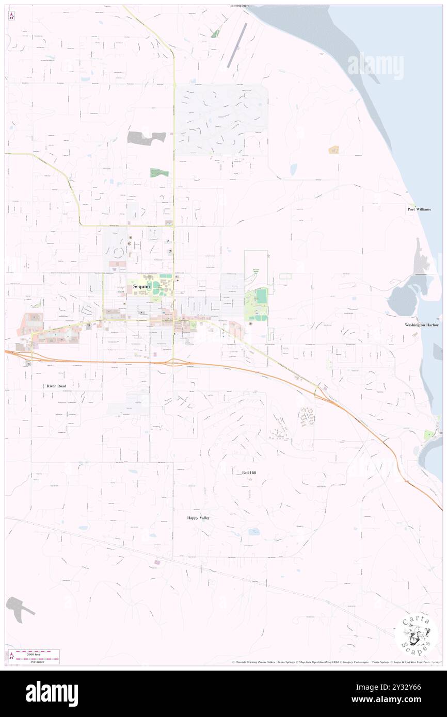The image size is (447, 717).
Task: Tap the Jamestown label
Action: (239, 6)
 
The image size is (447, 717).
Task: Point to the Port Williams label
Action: (419, 209)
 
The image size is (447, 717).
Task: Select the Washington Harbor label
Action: (422, 325)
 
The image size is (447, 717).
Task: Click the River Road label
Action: (56, 386)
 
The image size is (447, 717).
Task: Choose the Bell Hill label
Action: (249, 472)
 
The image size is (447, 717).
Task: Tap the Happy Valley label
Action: (198, 517)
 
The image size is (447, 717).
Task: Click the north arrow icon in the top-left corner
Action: (11, 17)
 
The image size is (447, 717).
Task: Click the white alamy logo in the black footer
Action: (52, 693)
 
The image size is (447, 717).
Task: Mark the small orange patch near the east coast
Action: (333, 150)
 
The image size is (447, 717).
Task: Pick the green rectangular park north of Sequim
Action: (159, 173)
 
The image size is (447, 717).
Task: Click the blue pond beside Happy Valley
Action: (254, 531)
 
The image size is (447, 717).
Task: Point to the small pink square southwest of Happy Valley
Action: (157, 562)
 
